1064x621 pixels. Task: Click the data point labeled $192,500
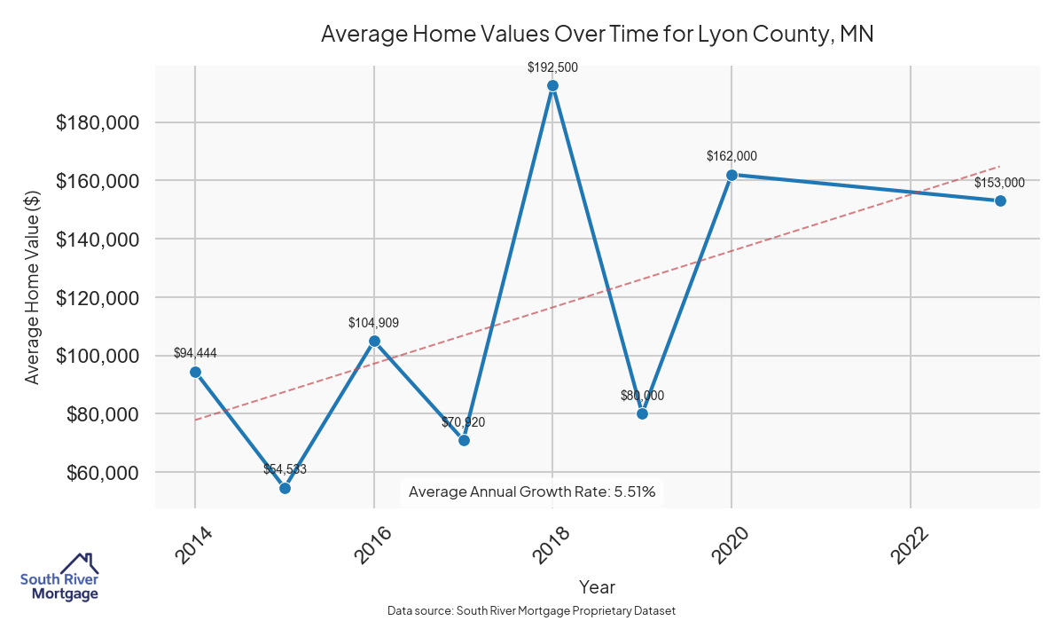552,86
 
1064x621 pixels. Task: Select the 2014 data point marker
195,372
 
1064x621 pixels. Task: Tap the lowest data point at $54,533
285,488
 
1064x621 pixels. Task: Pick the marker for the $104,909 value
374,341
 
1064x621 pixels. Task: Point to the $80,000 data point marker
642,413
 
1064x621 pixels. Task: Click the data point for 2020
731,175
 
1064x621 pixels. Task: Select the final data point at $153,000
1000,200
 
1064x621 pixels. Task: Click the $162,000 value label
731,156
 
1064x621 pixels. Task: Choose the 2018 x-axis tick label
551,544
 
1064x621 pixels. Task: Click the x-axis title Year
597,587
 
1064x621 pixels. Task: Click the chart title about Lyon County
597,35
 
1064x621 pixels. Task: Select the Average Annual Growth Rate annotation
532,491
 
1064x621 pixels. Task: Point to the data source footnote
532,611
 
